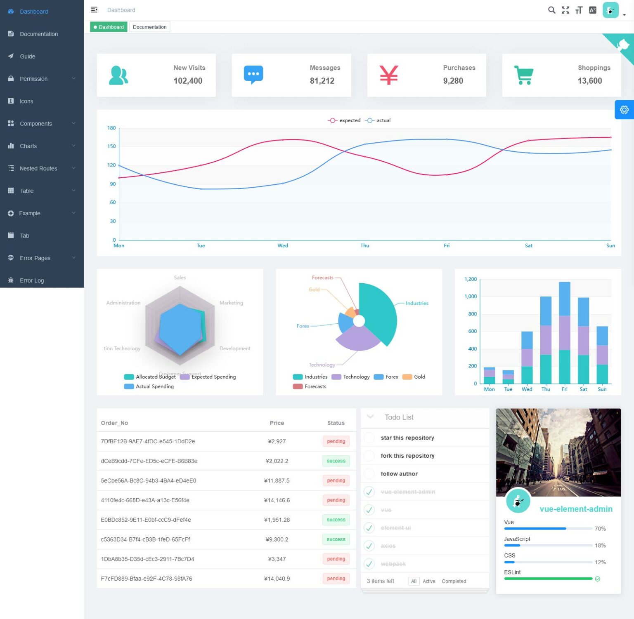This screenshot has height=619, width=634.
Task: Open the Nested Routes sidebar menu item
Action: (38, 168)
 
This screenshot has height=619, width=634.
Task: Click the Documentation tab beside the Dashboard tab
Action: (149, 27)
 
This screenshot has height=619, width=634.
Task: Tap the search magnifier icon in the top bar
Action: (551, 10)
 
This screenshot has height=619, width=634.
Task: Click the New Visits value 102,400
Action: (188, 81)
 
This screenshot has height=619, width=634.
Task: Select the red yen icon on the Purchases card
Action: (388, 75)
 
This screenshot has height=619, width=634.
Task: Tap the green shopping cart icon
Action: (523, 75)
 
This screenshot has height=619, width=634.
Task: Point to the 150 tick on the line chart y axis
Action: (111, 146)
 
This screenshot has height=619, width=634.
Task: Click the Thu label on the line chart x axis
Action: (364, 246)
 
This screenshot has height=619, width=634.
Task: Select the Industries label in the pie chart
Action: (416, 303)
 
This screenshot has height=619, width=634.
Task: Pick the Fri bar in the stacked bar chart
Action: (564, 332)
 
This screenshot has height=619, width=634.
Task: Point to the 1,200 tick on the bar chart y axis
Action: (471, 279)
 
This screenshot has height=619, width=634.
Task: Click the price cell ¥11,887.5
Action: (277, 480)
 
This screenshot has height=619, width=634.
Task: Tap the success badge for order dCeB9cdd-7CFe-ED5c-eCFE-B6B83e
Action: (336, 461)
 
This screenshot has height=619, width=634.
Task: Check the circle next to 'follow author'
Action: (369, 474)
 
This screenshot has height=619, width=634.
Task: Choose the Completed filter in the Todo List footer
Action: (454, 581)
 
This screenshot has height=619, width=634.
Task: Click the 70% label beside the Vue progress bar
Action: (600, 529)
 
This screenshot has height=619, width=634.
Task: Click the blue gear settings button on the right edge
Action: (624, 110)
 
